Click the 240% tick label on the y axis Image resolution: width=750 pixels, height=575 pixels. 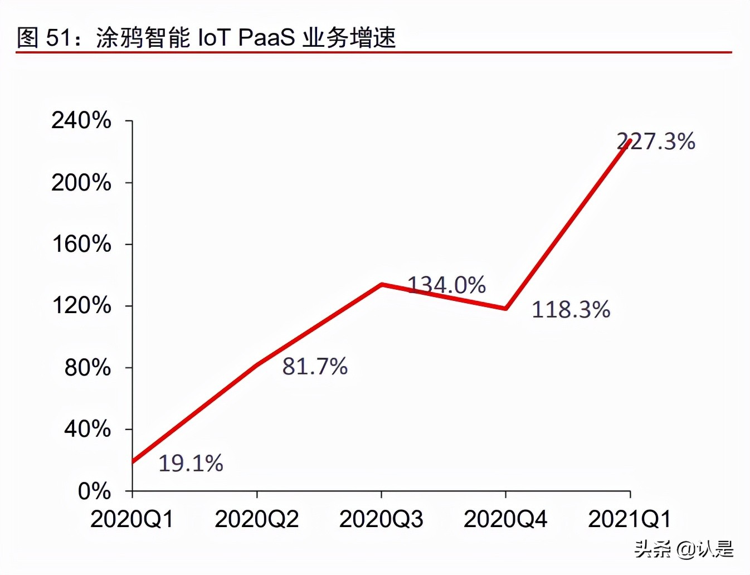pyautogui.click(x=81, y=120)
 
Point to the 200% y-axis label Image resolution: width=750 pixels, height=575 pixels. pyautogui.click(x=81, y=183)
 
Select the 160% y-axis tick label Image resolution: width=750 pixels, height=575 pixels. pyautogui.click(x=81, y=244)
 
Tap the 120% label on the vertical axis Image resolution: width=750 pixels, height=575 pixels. pyautogui.click(x=81, y=306)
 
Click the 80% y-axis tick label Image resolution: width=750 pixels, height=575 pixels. pyautogui.click(x=87, y=368)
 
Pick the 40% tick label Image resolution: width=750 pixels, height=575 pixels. pyautogui.click(x=87, y=430)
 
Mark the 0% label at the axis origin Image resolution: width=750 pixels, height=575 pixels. pyautogui.click(x=94, y=491)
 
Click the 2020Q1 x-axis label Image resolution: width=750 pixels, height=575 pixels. pyautogui.click(x=132, y=519)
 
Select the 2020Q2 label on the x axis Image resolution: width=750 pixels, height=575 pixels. pyautogui.click(x=256, y=519)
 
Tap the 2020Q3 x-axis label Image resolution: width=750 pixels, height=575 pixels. pyautogui.click(x=381, y=519)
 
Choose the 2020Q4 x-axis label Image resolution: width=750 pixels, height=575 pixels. pyautogui.click(x=505, y=519)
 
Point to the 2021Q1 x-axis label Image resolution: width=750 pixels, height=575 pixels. pyautogui.click(x=630, y=519)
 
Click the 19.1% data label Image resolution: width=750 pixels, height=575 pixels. pyautogui.click(x=191, y=463)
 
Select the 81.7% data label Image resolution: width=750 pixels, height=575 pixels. pyautogui.click(x=315, y=367)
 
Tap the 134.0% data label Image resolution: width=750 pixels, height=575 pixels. pyautogui.click(x=447, y=285)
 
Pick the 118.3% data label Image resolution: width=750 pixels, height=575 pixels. pyautogui.click(x=571, y=310)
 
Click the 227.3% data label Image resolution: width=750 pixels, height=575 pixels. pyautogui.click(x=656, y=142)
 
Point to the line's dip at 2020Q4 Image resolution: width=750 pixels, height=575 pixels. pyautogui.click(x=505, y=308)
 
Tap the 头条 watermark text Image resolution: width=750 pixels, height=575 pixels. pyautogui.click(x=652, y=549)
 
